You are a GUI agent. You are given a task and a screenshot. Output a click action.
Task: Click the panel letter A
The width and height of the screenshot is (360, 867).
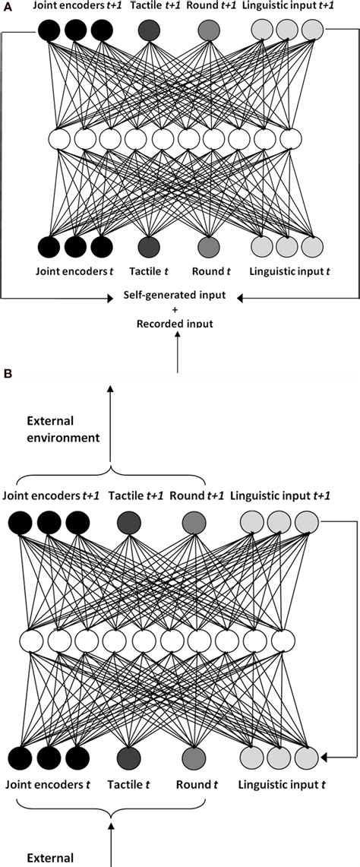[x=8, y=7]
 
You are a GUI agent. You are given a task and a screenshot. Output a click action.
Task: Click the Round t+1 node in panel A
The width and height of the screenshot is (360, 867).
[x=208, y=30]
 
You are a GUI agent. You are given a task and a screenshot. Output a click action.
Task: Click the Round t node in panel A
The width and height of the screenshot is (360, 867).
[x=208, y=248]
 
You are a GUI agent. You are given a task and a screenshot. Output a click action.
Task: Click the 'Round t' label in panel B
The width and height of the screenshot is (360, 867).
[x=191, y=782]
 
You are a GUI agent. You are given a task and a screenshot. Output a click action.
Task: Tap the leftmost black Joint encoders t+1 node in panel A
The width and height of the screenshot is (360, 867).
[x=49, y=30]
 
